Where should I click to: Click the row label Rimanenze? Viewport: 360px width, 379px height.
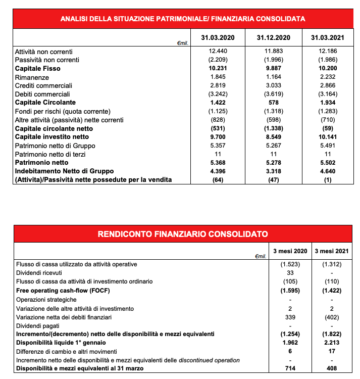point(32,77)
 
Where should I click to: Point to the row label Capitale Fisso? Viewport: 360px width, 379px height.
point(38,69)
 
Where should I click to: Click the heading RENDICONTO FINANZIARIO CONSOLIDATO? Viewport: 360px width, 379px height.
point(182,233)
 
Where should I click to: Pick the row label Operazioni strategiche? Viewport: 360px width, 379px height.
point(47,299)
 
